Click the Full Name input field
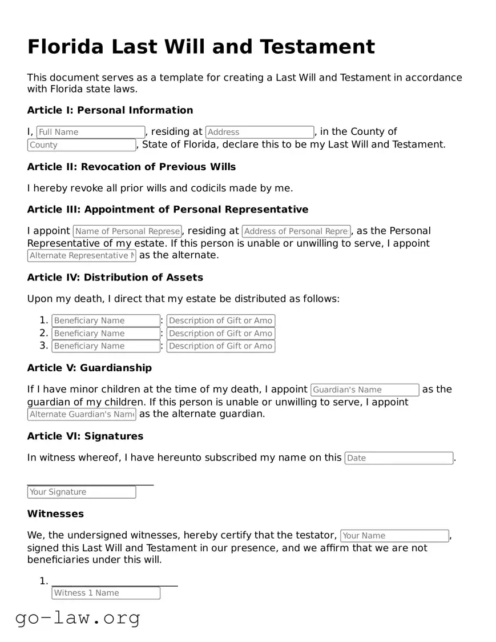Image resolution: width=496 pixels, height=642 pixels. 91,132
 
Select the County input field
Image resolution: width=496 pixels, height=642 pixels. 82,145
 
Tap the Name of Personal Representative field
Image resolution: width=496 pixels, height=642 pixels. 127,231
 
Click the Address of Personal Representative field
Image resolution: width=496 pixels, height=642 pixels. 296,231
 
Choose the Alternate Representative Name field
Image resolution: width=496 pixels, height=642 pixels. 82,255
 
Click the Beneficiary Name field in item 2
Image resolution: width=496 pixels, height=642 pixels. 106,334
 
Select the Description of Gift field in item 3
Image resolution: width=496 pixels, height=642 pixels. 221,346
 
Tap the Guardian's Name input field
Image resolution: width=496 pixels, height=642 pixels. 365,390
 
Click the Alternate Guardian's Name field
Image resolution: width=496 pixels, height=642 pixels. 82,414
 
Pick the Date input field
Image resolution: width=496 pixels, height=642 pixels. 399,458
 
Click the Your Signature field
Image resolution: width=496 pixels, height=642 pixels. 82,492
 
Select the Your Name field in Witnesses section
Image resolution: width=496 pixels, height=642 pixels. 394,536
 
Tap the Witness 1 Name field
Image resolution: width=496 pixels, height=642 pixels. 106,593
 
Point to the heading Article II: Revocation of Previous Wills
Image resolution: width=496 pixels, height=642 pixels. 131,167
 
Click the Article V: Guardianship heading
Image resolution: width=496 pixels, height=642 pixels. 90,368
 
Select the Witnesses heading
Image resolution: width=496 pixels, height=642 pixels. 55,514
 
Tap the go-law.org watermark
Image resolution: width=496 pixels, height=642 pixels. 78,617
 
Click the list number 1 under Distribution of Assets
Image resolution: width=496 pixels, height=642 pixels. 44,320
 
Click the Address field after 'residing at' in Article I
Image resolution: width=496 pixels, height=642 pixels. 260,132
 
